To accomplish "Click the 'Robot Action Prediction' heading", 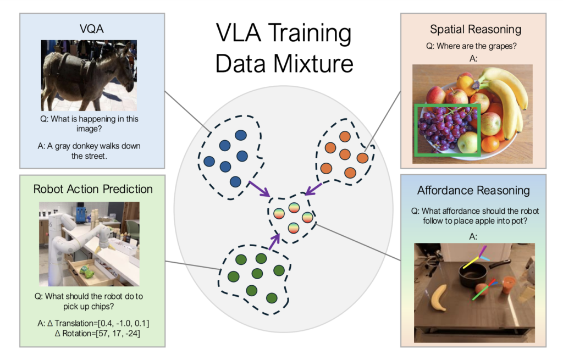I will [93, 189].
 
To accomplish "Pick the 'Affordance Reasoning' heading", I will [473, 191].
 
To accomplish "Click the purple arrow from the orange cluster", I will [315, 190].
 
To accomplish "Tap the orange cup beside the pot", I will [509, 284].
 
